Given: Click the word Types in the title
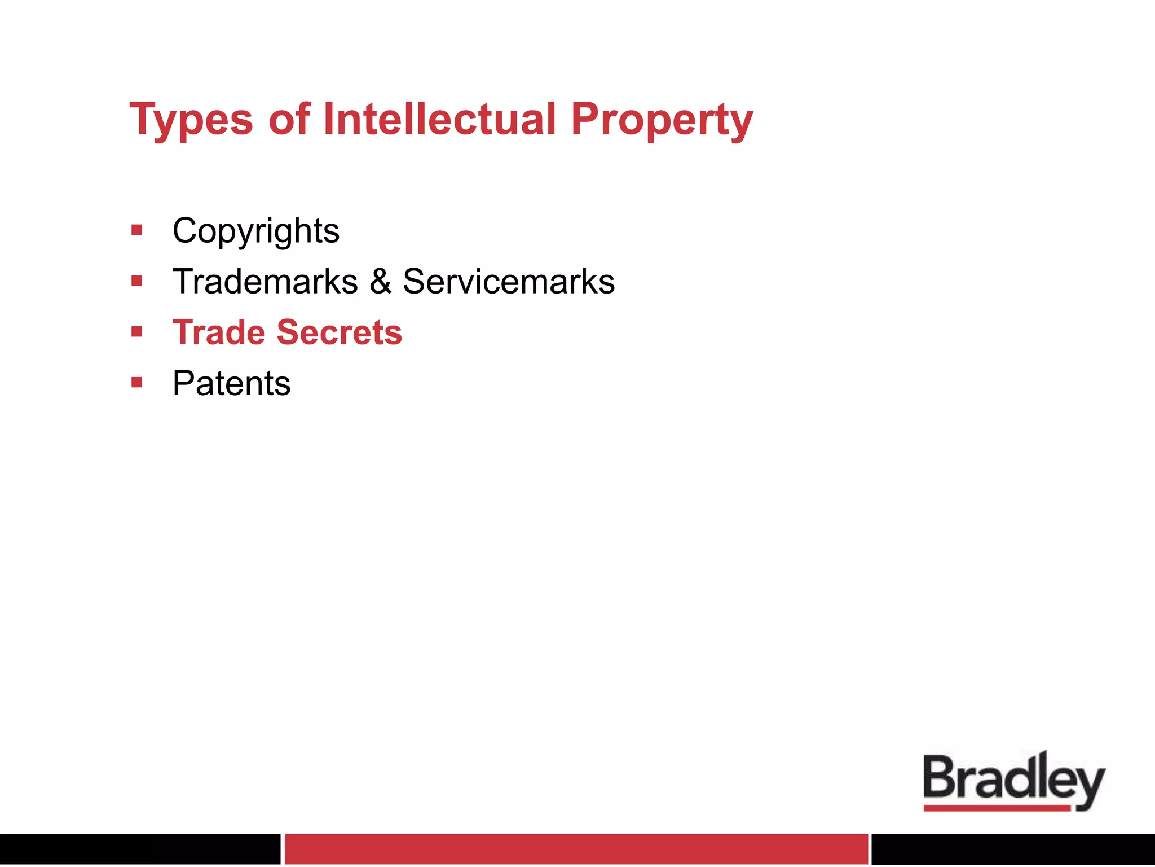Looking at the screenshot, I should pos(191,120).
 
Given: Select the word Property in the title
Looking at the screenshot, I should pos(662,120).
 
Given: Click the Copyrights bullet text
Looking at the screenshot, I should pos(256,231).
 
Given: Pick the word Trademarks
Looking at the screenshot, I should pos(265,281).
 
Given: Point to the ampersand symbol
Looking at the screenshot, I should pos(381,281).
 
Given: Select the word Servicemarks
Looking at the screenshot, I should pos(508,281).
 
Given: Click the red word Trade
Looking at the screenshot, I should pos(218,332).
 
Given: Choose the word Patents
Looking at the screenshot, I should pos(231,383).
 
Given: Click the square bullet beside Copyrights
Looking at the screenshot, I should pos(136,230).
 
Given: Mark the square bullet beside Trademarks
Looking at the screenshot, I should pos(136,281).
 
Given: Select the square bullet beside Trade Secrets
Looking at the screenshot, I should pos(136,331).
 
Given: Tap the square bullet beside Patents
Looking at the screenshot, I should pos(136,383).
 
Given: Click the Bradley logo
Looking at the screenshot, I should pos(1013,779).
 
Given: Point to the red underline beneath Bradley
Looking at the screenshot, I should pos(997,808).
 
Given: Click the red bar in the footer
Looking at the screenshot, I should pos(576,848).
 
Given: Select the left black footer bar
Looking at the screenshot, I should pos(140,848).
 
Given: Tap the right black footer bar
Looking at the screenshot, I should pos(1013,848).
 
